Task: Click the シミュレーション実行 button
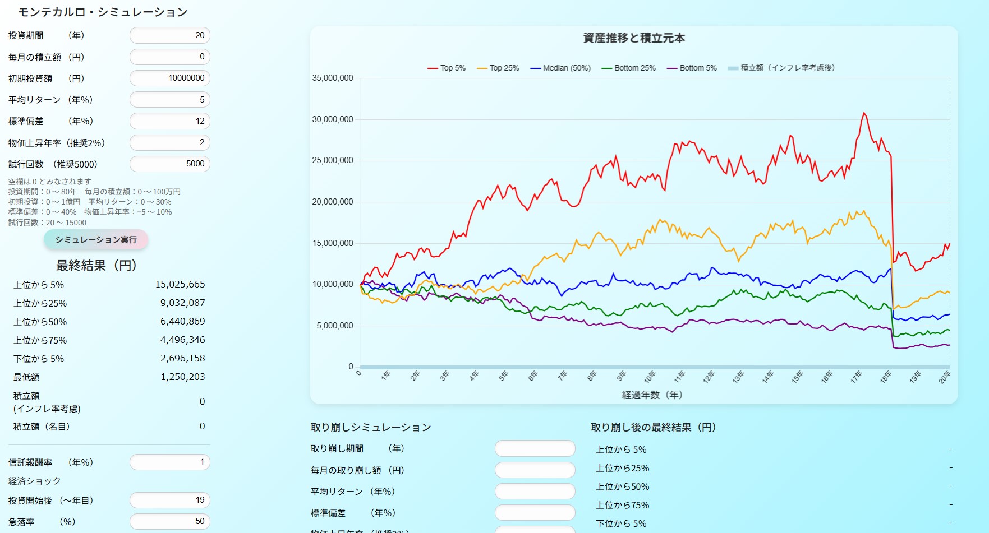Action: [x=96, y=240]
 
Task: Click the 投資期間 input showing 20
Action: [x=170, y=35]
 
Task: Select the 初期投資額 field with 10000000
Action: [x=170, y=78]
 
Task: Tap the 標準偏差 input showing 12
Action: [x=170, y=121]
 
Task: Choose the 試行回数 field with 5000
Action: [x=170, y=164]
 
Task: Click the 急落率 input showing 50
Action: [x=170, y=522]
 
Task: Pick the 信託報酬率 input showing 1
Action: [x=170, y=462]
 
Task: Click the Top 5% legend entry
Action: [x=447, y=68]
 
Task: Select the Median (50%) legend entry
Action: [x=560, y=68]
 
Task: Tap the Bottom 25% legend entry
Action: [x=628, y=68]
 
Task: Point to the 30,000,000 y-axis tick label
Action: [x=333, y=119]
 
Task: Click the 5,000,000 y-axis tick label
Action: [x=335, y=326]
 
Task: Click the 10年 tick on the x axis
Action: [x=650, y=376]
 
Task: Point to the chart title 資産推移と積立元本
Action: [x=634, y=38]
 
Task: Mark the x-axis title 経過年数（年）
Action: [x=652, y=395]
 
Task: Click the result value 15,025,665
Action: [x=180, y=285]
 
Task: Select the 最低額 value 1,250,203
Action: [x=182, y=377]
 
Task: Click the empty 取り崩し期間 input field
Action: [x=535, y=449]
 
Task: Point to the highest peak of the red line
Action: [x=864, y=113]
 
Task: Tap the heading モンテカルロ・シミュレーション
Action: [x=103, y=12]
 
